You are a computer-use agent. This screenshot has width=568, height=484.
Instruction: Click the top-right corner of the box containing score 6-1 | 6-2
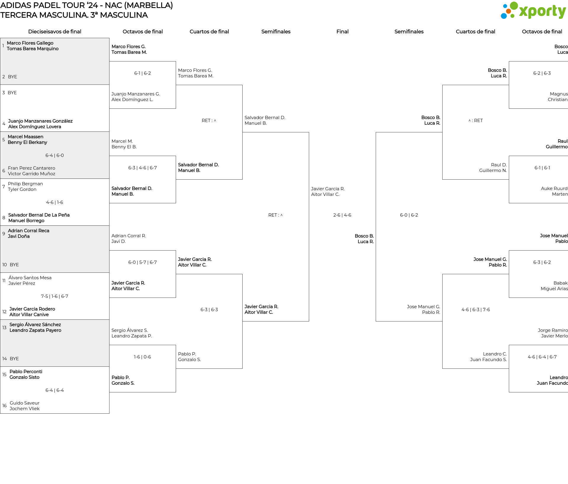(x=176, y=61)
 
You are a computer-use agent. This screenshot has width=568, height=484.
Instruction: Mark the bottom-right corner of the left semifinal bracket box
(x=309, y=321)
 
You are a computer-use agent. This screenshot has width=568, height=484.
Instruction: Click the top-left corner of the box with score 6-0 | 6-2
(x=376, y=132)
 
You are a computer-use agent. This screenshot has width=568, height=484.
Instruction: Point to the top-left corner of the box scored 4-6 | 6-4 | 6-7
(x=509, y=345)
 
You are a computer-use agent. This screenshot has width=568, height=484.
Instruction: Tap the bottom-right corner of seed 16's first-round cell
(x=109, y=413)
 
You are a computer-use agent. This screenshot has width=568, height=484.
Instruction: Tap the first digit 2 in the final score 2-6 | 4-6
(x=335, y=215)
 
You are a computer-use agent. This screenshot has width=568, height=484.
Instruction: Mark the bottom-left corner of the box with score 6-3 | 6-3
(x=176, y=368)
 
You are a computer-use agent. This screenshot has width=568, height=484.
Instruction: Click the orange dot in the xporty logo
(x=508, y=11)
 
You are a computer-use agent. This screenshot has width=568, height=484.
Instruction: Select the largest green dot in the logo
(x=514, y=6)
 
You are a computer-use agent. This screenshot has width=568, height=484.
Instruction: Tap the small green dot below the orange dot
(x=512, y=16)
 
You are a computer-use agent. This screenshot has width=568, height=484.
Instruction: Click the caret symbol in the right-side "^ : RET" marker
(x=469, y=121)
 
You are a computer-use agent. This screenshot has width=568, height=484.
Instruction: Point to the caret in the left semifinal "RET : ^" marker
(x=282, y=215)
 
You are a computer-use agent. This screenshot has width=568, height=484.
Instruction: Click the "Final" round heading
(x=342, y=32)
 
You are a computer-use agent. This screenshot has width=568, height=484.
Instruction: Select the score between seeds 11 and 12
(x=54, y=296)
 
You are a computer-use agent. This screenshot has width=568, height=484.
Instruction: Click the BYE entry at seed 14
(x=14, y=359)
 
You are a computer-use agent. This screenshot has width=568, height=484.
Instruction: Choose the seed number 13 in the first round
(x=4, y=328)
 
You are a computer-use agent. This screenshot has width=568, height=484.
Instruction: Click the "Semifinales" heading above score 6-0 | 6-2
(x=409, y=32)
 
